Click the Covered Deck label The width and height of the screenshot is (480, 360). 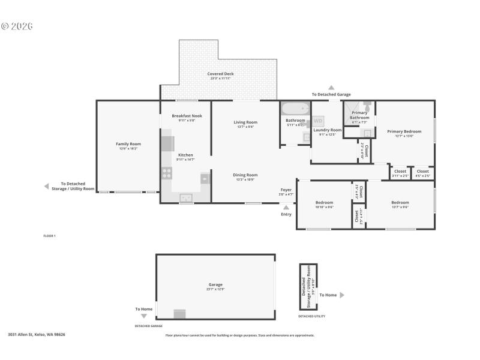click(x=220, y=74)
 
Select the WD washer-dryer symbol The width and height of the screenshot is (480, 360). click(x=317, y=121)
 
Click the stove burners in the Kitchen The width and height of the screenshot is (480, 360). click(x=167, y=173)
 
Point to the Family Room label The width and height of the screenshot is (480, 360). click(x=128, y=143)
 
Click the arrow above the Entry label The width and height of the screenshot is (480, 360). click(x=286, y=208)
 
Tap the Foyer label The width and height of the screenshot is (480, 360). click(x=286, y=190)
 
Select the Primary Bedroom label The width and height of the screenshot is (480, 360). click(x=404, y=131)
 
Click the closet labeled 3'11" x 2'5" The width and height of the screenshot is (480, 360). click(x=400, y=173)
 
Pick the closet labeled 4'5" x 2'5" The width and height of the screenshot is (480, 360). click(x=422, y=173)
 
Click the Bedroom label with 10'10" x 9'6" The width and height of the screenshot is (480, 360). click(x=324, y=202)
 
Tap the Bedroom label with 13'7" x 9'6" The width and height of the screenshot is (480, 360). click(x=400, y=202)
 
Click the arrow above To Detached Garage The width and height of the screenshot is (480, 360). click(x=331, y=88)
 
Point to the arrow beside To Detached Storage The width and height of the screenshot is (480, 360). click(x=46, y=187)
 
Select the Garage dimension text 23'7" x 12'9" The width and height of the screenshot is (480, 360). click(x=215, y=289)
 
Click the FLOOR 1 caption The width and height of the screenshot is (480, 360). click(x=49, y=236)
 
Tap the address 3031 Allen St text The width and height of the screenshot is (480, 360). click(x=36, y=334)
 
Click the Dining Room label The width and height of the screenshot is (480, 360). click(x=245, y=175)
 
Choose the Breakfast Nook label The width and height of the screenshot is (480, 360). click(x=187, y=115)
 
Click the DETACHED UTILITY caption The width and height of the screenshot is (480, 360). click(x=311, y=316)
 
